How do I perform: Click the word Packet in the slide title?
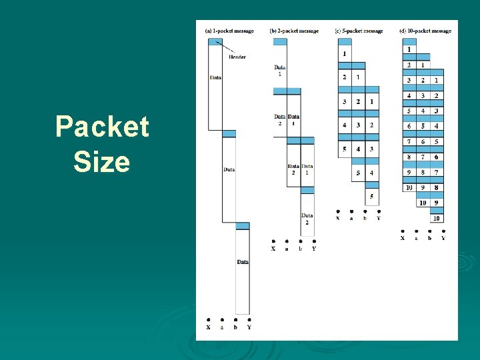click(x=102, y=127)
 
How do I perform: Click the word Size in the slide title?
click(x=102, y=161)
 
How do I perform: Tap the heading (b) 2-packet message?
click(x=294, y=31)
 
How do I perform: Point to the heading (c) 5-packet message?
click(x=359, y=31)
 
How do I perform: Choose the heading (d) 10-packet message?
click(x=425, y=31)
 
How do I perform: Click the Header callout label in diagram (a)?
click(x=237, y=57)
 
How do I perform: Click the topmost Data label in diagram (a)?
click(x=215, y=78)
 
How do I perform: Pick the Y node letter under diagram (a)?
click(x=249, y=327)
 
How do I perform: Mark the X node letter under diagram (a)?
click(x=209, y=327)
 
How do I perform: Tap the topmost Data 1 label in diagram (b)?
click(x=280, y=70)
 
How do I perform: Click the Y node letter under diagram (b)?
click(x=314, y=249)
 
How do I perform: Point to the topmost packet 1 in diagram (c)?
click(x=345, y=53)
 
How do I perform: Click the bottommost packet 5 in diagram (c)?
click(x=372, y=197)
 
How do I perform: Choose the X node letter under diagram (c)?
click(x=338, y=218)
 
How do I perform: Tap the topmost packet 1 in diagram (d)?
click(x=409, y=49)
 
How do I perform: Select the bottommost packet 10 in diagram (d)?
click(x=436, y=218)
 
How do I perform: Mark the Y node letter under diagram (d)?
click(x=443, y=238)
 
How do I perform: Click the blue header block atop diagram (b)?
click(x=280, y=41)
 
